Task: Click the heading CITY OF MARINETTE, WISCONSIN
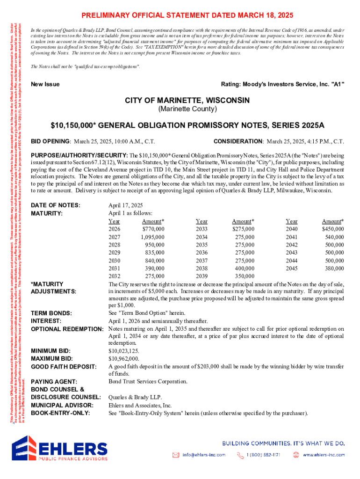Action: pos(187,101)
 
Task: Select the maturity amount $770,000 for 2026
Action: pos(153,229)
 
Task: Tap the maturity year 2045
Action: pos(291,269)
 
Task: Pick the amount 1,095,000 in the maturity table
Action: pos(152,237)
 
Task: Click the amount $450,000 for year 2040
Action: pos(333,229)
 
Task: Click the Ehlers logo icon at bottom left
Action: pos(25,452)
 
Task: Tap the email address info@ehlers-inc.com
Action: pos(203,455)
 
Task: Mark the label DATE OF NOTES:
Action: pos(55,205)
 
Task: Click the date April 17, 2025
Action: pos(126,205)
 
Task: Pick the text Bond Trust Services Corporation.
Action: pos(148,382)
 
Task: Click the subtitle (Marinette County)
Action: pos(187,109)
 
